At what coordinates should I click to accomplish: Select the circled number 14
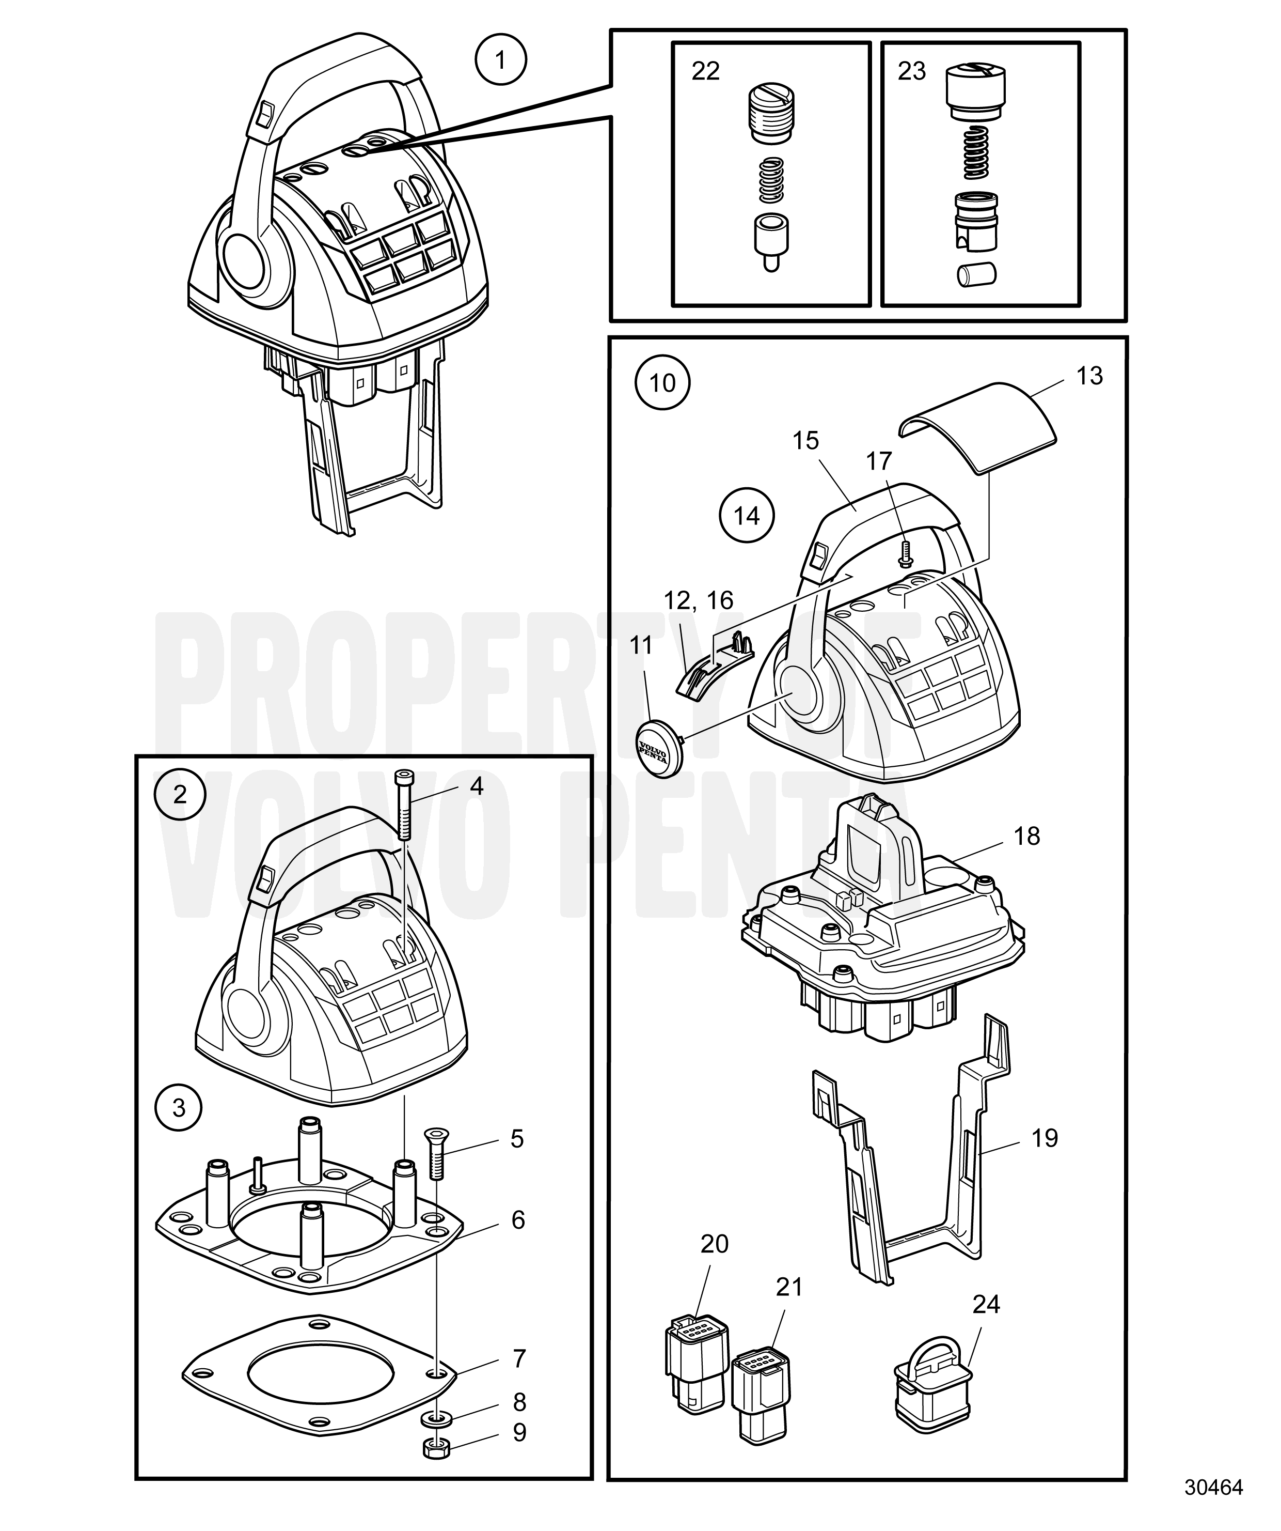(747, 516)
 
